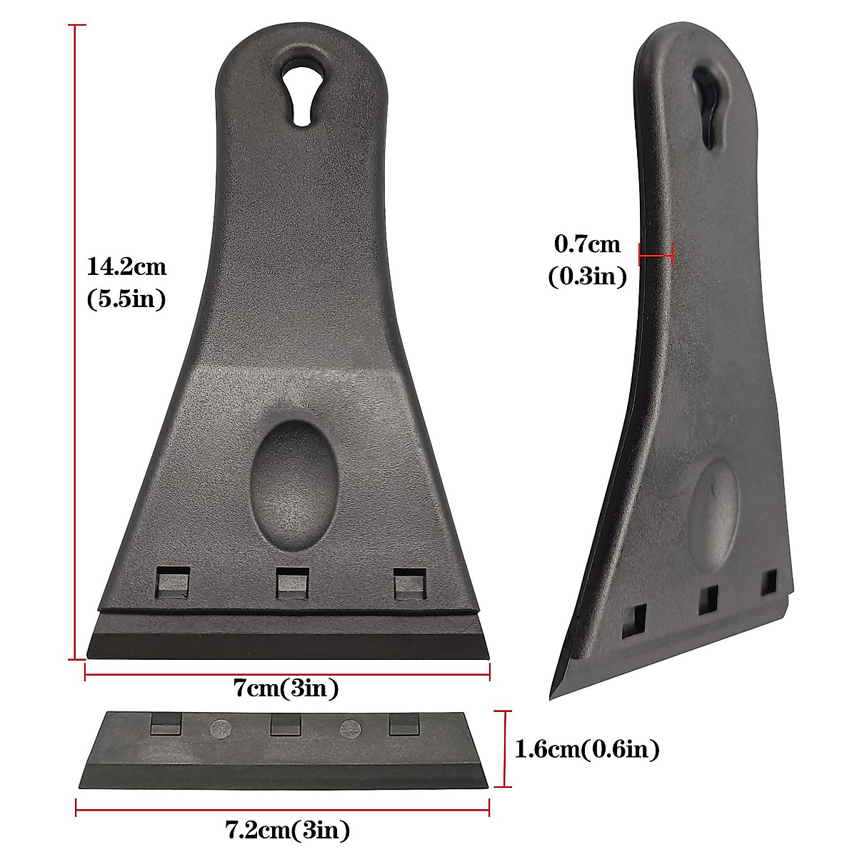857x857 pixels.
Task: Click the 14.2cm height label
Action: point(126,267)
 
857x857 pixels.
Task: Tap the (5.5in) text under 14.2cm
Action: point(126,299)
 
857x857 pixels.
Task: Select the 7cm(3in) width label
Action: point(286,688)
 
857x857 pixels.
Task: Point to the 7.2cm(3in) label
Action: point(288,831)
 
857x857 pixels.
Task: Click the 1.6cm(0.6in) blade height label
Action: point(587,749)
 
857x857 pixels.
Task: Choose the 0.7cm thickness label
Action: point(588,245)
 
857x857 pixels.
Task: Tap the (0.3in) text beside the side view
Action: point(587,276)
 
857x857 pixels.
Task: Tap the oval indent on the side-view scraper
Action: point(715,508)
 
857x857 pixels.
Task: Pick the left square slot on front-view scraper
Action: point(173,582)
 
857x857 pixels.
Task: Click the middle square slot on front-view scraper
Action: point(293,582)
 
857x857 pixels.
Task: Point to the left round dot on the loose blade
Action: point(219,728)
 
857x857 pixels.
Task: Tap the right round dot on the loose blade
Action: point(349,728)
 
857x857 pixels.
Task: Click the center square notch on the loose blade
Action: point(285,726)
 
